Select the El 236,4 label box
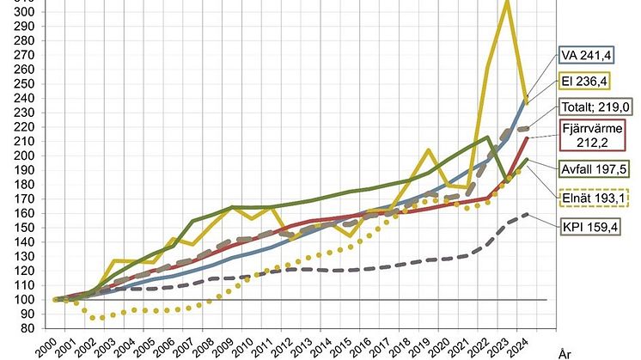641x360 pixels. point(583,82)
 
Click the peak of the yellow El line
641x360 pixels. point(506,3)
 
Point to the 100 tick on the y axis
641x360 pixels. point(27,300)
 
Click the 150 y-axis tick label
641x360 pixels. point(27,228)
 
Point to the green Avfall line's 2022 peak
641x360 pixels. point(487,137)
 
